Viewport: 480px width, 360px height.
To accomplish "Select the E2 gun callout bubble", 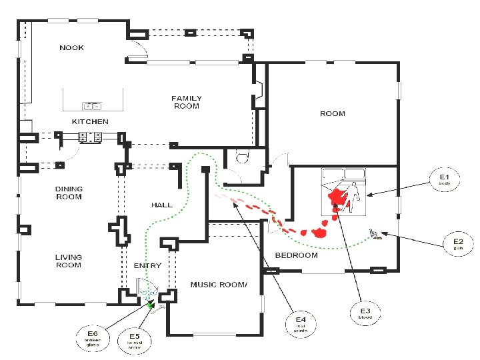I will tap(459, 244).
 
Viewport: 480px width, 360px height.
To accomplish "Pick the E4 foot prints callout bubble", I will tap(301, 324).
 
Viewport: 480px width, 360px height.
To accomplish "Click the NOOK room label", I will tap(71, 48).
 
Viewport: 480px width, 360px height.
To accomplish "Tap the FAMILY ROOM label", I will tap(187, 102).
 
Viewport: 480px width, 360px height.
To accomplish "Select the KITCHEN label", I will tap(90, 122).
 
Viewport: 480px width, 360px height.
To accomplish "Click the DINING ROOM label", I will tap(69, 193).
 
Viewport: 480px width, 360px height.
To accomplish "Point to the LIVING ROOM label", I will tap(68, 261).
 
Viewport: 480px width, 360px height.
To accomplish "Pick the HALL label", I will tap(162, 205).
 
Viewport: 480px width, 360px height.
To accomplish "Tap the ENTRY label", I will tap(147, 266).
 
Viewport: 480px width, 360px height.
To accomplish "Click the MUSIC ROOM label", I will tap(219, 285).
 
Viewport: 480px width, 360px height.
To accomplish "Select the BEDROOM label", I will tap(297, 255).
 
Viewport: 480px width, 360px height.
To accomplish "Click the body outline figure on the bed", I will tap(355, 193).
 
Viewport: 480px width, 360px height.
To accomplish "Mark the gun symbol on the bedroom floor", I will tap(376, 233).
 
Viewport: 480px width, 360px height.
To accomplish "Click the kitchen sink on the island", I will tap(91, 105).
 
